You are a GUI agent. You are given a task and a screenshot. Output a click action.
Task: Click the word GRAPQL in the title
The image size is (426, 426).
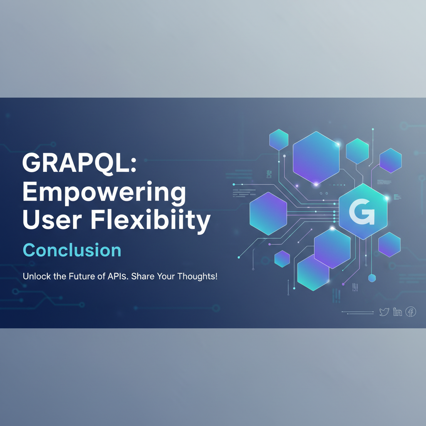pyautogui.click(x=75, y=163)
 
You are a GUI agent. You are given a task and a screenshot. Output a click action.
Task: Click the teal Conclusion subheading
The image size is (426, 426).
pyautogui.click(x=72, y=250)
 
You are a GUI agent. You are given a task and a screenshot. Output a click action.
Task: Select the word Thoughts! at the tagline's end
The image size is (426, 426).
pyautogui.click(x=198, y=277)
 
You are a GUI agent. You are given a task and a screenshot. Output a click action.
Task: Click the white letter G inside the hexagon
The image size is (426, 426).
pyautogui.click(x=362, y=212)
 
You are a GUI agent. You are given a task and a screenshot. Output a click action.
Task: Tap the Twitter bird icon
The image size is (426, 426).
pyautogui.click(x=384, y=312)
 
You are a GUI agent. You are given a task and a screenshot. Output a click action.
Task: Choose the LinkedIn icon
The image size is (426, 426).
pyautogui.click(x=397, y=312)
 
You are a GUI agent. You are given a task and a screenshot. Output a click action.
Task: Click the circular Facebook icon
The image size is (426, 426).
pyautogui.click(x=411, y=312)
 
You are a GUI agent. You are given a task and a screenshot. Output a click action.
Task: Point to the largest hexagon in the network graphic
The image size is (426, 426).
pyautogui.click(x=316, y=158)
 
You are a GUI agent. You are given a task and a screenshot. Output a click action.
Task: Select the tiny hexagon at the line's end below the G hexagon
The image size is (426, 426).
pyautogui.click(x=372, y=278)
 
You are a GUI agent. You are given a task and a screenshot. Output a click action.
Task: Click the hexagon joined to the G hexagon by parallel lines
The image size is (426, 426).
pyautogui.click(x=268, y=213)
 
